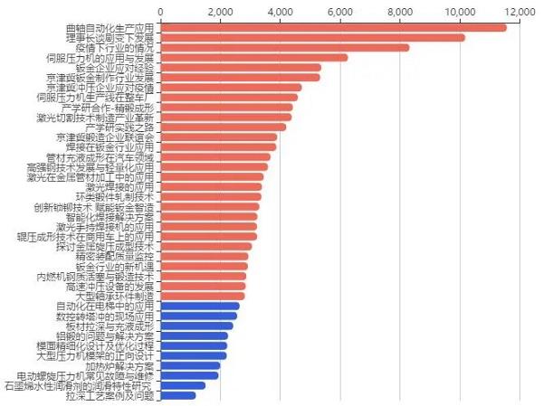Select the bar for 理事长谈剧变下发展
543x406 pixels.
click(x=312, y=38)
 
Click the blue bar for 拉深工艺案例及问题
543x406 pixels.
click(x=178, y=396)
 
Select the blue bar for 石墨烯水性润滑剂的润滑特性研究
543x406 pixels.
click(x=183, y=386)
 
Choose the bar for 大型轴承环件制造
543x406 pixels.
click(x=203, y=297)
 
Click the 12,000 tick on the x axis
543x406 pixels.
click(x=521, y=11)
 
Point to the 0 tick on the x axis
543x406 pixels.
click(x=160, y=11)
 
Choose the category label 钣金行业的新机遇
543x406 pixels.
click(x=116, y=267)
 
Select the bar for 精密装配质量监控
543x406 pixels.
click(x=205, y=257)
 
